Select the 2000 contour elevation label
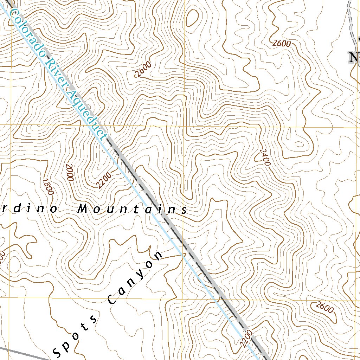point(69,173)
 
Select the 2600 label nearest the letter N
point(282,44)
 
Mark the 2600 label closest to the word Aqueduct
point(143,69)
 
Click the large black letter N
point(353,58)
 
